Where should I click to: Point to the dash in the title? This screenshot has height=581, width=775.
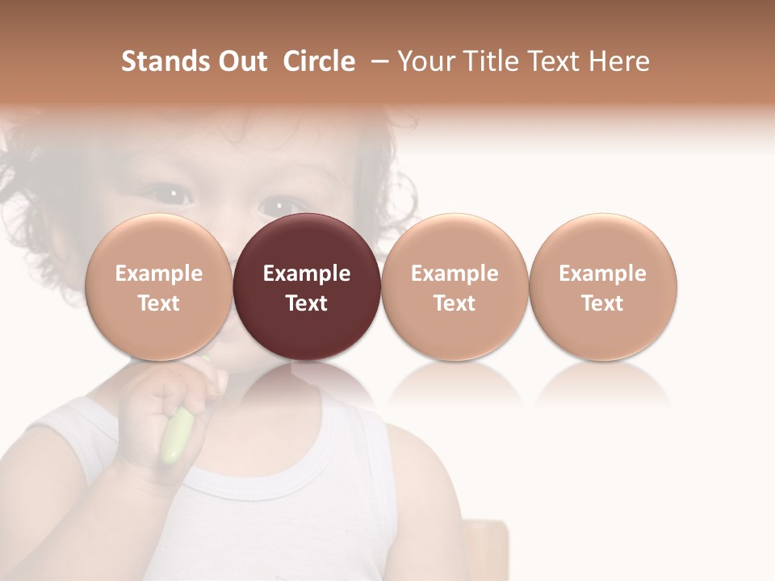376,61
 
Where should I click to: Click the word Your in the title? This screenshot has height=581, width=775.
425,61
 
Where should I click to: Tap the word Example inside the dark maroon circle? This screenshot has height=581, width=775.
307,274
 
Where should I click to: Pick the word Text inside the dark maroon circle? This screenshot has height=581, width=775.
307,303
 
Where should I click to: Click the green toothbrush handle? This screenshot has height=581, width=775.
176,436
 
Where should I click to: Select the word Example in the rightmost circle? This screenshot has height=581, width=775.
603,274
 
